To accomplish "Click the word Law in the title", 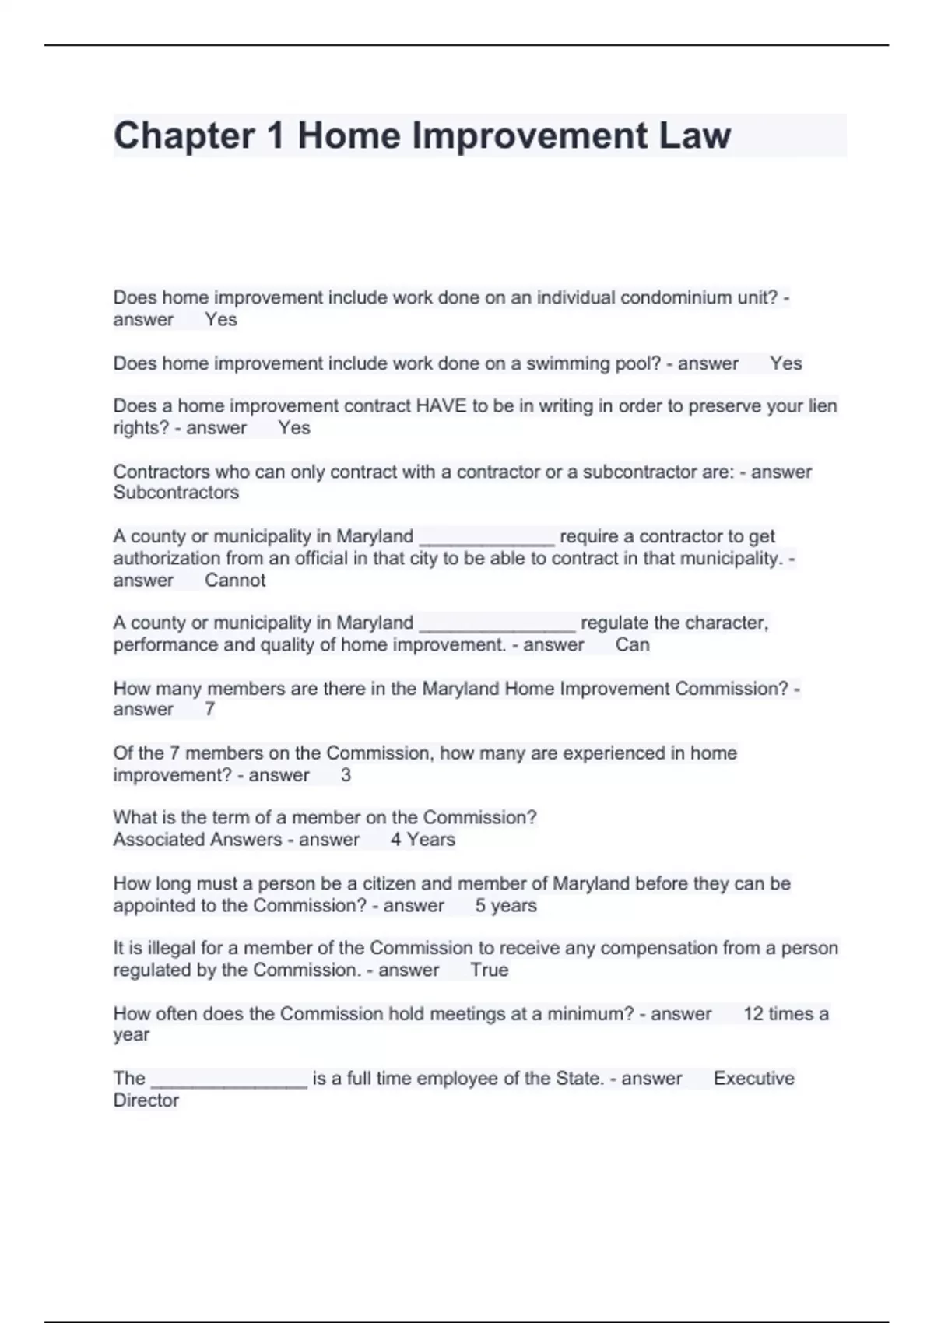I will pos(694,136).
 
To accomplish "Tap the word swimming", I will pos(566,363).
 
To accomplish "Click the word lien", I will pos(823,406).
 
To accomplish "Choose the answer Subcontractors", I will pos(176,493).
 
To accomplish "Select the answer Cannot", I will pos(235,581).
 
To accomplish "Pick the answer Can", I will pos(632,645).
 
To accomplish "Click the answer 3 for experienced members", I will pos(346,775).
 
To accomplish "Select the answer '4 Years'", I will pos(423,840).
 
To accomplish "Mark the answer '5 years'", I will pos(506,906).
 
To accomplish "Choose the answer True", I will pos(489,970).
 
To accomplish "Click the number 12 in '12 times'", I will pos(753,1014).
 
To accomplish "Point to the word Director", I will pos(146,1100).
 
